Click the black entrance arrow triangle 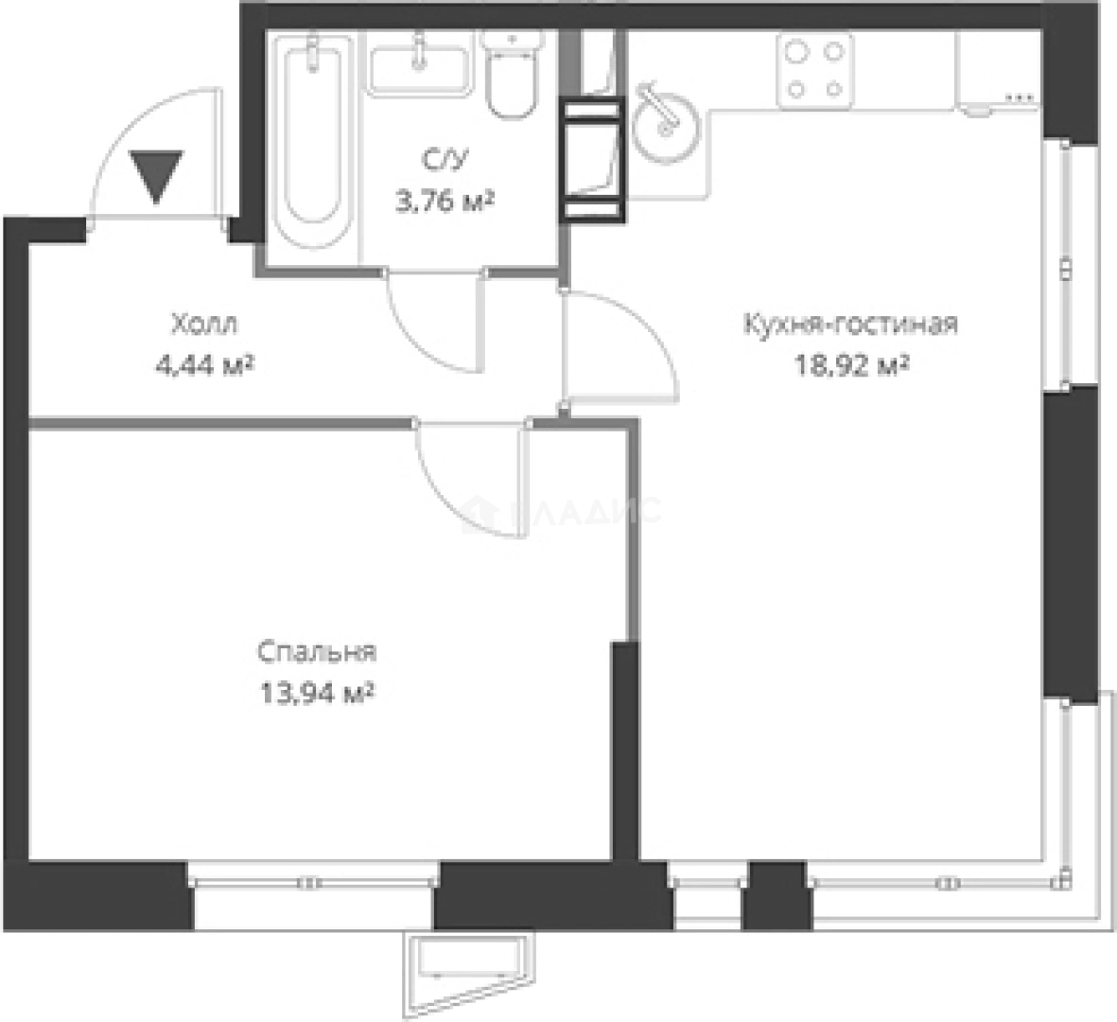(x=156, y=175)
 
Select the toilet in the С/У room (x=512, y=74)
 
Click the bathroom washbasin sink (x=419, y=62)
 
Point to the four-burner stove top (x=815, y=69)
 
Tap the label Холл (x=204, y=325)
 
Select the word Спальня (x=317, y=653)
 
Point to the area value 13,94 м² (x=317, y=693)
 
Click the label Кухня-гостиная (x=850, y=325)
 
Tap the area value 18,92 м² (x=851, y=365)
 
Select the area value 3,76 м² (x=445, y=203)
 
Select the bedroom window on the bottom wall (x=314, y=882)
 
